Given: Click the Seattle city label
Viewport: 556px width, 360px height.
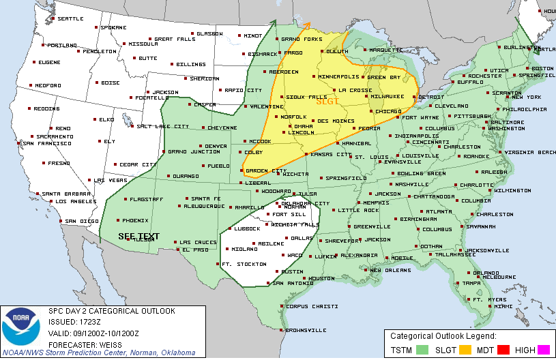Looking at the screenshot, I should tap(70, 18).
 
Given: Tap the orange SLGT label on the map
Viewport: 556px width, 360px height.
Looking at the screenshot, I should tap(327, 102).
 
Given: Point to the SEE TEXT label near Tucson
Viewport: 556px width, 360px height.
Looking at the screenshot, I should tap(138, 236).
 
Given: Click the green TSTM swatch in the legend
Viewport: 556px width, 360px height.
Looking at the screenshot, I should tap(422, 349).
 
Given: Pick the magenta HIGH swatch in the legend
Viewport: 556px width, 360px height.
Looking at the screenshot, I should tap(544, 349).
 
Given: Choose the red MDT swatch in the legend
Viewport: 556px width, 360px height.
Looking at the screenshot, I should tap(504, 349).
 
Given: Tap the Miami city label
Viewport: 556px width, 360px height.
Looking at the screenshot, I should tap(503, 306).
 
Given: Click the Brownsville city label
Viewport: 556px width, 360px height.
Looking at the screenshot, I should tap(300, 330).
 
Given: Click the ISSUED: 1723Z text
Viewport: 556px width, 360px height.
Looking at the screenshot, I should tap(75, 322).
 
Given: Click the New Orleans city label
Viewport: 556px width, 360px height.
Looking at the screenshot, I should tap(389, 270).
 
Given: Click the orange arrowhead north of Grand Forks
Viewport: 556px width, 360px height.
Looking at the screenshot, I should tap(307, 25).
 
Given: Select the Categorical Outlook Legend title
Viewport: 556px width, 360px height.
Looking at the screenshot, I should tap(443, 336).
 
